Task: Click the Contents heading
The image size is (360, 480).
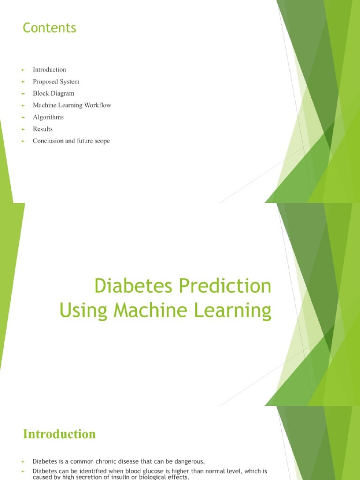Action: coord(49,28)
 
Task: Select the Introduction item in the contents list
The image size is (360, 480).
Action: coord(49,70)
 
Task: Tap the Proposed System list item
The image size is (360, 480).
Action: coord(56,82)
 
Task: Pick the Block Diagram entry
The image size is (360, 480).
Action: coord(53,93)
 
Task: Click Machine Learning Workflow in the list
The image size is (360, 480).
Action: coord(72,105)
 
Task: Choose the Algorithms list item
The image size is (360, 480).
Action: coord(48,117)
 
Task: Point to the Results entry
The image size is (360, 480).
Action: coord(43,129)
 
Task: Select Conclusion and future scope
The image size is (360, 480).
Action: coord(71,141)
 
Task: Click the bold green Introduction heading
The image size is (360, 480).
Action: coord(59,434)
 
